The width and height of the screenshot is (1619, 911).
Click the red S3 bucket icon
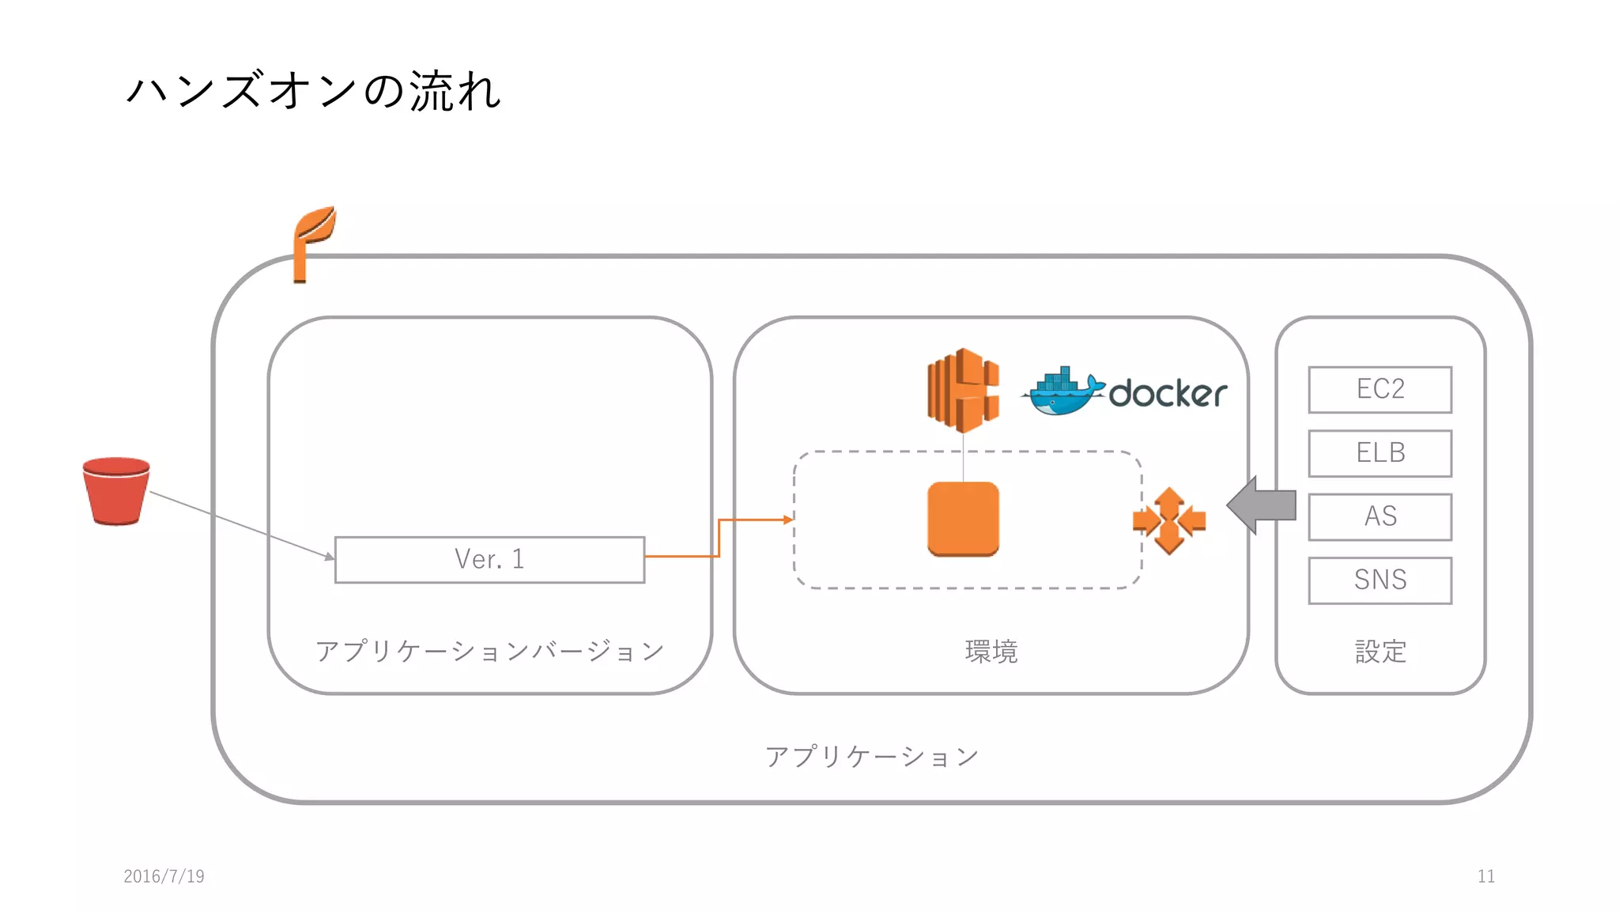click(116, 491)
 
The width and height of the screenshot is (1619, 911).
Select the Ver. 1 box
click(489, 559)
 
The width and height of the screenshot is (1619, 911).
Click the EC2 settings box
click(1379, 389)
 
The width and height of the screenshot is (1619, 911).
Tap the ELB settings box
click(1379, 453)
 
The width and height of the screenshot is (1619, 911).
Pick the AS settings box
click(1379, 516)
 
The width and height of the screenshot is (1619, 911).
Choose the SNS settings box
click(1379, 580)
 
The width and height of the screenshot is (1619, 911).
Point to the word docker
click(1168, 394)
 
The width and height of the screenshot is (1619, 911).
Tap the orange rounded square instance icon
click(963, 519)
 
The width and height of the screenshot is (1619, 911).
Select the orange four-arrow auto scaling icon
click(1168, 520)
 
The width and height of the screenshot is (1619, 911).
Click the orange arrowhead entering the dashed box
click(787, 520)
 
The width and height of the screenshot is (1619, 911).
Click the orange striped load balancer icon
click(962, 391)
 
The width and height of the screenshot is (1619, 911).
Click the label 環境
click(991, 652)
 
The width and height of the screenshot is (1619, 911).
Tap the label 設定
click(1379, 652)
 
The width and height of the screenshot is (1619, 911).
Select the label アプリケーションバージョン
click(489, 651)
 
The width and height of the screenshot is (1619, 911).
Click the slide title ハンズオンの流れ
click(313, 90)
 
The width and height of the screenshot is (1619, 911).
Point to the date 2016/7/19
click(164, 875)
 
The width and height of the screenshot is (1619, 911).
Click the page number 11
click(1485, 875)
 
